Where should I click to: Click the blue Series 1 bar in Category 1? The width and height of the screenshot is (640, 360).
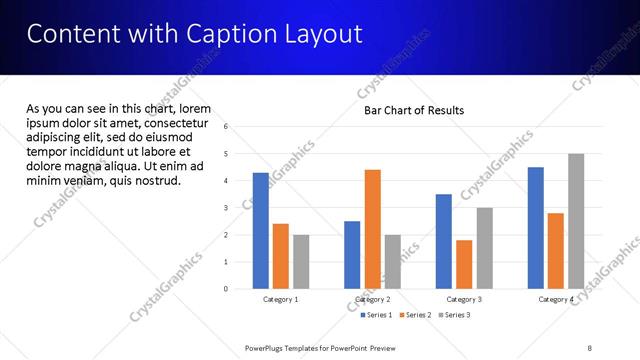click(x=261, y=231)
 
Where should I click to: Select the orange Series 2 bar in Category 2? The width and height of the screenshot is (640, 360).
click(x=372, y=229)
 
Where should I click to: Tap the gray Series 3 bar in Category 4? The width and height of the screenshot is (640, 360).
click(x=576, y=221)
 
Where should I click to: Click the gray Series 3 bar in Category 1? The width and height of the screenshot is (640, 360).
click(x=301, y=262)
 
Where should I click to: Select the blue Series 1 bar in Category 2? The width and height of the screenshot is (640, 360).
click(x=352, y=255)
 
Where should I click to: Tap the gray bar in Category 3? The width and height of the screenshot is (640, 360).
click(x=484, y=248)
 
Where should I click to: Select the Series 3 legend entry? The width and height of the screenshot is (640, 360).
click(x=454, y=315)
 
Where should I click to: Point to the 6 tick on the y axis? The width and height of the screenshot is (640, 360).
click(x=226, y=127)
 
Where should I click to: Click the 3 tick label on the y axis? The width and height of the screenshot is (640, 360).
click(x=226, y=208)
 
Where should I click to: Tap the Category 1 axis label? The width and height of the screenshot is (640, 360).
click(x=281, y=299)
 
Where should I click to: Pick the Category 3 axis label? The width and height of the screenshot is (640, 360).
click(x=464, y=299)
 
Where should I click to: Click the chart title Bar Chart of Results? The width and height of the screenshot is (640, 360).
click(x=414, y=110)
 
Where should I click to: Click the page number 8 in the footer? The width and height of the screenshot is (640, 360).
click(x=589, y=348)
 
